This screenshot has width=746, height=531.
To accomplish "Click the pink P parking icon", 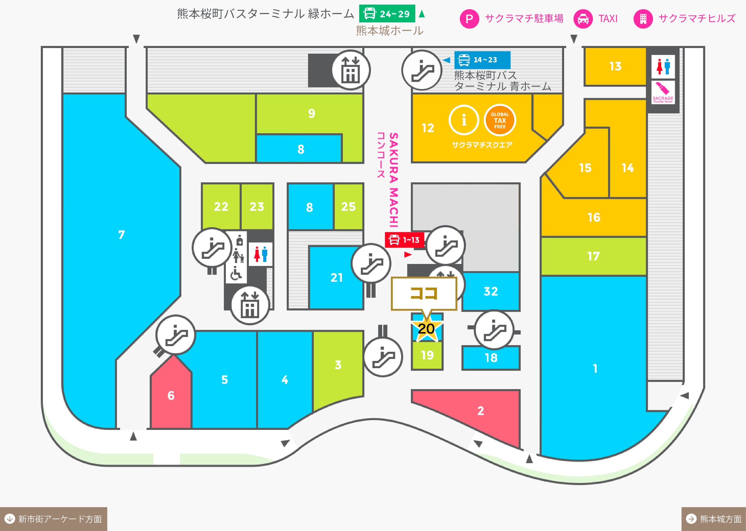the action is click(x=469, y=19).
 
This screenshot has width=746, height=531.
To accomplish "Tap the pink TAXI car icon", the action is click(x=583, y=19).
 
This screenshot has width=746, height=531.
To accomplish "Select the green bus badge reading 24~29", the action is click(x=387, y=14).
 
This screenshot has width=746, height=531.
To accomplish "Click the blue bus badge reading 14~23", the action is click(x=482, y=60).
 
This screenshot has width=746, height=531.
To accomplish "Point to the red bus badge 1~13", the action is click(x=404, y=240).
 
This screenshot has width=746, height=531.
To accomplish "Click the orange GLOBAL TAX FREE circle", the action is click(x=500, y=120).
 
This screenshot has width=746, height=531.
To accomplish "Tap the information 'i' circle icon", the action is click(x=464, y=120).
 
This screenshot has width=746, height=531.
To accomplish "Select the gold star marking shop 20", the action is click(x=426, y=328).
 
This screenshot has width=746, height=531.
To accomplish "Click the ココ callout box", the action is click(x=424, y=293).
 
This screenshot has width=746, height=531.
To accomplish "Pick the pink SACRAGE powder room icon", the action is click(x=663, y=93).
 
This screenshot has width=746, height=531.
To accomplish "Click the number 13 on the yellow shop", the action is click(x=615, y=66).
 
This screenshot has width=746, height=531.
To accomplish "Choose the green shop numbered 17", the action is click(x=594, y=256).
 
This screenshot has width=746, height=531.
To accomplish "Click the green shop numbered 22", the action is click(x=221, y=206).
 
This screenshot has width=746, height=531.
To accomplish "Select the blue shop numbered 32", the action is click(x=490, y=291).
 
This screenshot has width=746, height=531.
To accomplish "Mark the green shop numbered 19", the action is click(x=427, y=355).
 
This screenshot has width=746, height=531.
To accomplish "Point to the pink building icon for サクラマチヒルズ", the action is click(x=643, y=19).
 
